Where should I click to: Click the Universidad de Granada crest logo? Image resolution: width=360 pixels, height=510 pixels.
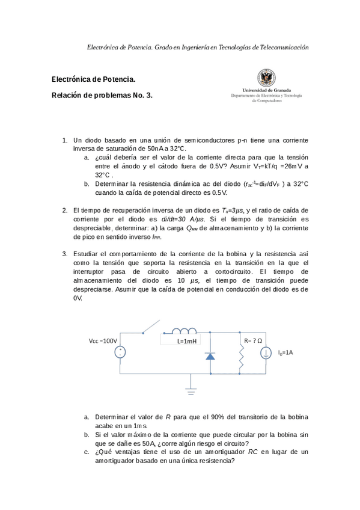click(x=266, y=77)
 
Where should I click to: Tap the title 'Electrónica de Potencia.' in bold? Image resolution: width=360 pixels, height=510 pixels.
click(x=94, y=79)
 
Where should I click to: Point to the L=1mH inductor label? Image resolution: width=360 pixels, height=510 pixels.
click(x=187, y=341)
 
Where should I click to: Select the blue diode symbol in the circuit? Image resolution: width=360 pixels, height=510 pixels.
click(x=210, y=355)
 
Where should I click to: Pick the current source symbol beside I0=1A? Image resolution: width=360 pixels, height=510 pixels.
click(x=265, y=353)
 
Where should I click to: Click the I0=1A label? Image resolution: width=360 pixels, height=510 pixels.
click(x=285, y=352)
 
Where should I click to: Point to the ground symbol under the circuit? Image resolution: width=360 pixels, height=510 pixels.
click(x=191, y=390)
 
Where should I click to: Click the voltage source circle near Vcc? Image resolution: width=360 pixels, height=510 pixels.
click(x=120, y=353)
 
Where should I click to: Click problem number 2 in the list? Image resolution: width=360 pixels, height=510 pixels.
click(x=64, y=210)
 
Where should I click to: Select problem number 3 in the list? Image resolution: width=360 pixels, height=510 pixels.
click(x=64, y=254)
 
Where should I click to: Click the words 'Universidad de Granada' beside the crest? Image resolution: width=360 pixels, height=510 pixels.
click(x=266, y=90)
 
